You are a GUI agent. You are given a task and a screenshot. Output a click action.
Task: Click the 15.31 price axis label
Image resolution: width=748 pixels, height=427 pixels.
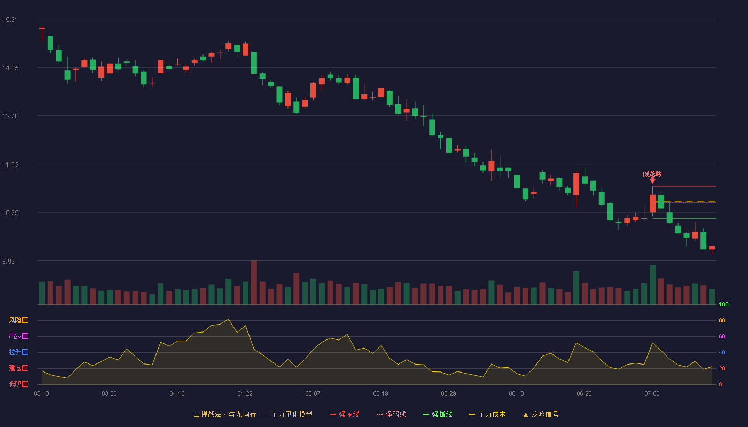[10, 20]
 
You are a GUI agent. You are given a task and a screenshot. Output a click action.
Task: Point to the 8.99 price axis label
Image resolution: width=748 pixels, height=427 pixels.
[9, 261]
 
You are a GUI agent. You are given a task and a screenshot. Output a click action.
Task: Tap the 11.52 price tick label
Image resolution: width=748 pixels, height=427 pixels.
[10, 165]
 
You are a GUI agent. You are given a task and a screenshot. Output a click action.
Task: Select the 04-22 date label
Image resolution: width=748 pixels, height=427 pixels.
[245, 394]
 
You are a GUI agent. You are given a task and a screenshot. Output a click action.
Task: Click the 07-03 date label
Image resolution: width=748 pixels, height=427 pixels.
[652, 394]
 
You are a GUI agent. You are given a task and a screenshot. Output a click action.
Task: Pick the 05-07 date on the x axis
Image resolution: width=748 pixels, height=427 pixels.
[313, 394]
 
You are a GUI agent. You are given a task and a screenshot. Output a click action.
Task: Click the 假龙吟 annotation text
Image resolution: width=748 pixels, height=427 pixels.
[652, 174]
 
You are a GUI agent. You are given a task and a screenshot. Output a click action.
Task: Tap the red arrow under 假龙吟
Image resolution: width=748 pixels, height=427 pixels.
[652, 180]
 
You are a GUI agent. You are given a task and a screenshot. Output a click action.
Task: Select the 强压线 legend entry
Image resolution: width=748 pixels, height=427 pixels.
[345, 414]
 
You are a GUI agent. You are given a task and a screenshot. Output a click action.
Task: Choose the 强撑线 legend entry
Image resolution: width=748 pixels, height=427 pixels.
[438, 414]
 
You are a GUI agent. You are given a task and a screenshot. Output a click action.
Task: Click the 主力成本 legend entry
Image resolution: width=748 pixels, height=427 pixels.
[487, 414]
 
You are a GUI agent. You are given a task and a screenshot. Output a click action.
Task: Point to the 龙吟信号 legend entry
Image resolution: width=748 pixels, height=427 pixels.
[541, 414]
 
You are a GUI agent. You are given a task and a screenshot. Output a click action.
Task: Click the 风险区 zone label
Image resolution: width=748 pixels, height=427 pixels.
[18, 320]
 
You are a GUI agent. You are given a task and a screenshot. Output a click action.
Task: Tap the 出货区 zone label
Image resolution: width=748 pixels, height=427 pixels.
[18, 336]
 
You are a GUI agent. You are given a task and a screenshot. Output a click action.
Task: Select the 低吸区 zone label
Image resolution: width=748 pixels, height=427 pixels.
[18, 384]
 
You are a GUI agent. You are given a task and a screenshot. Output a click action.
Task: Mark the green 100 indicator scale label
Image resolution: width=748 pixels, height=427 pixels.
[723, 304]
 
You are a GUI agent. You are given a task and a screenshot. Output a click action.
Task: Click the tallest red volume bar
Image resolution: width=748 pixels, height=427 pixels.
[254, 282]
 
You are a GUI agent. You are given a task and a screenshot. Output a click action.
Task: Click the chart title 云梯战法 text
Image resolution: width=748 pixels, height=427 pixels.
[207, 414]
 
